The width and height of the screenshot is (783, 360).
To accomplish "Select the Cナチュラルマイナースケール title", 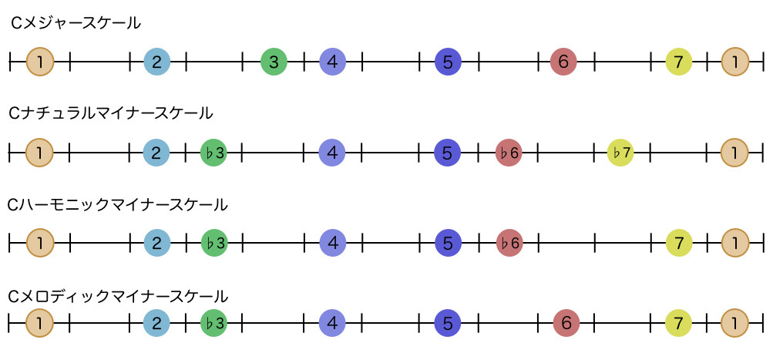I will point(111,113).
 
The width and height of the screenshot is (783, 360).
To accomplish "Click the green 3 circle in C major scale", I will point(274,62).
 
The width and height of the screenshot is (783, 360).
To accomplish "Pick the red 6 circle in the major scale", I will point(563,62).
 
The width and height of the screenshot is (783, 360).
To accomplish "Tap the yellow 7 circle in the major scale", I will point(678,62).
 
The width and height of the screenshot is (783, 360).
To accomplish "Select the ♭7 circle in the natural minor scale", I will point(620,153).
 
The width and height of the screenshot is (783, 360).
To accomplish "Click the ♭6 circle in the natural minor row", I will point(509,153).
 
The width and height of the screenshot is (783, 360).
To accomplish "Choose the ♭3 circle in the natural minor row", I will point(213,153).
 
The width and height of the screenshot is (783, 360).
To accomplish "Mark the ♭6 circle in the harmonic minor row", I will point(509,244).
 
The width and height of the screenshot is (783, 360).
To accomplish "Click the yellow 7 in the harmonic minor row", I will point(678,244).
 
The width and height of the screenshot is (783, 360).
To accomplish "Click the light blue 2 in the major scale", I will point(156,62).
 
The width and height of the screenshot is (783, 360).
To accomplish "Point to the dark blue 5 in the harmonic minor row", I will point(447,244).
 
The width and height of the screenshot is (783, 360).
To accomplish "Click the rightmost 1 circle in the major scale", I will point(735,62).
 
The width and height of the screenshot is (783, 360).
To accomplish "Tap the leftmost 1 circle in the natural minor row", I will point(40,153).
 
